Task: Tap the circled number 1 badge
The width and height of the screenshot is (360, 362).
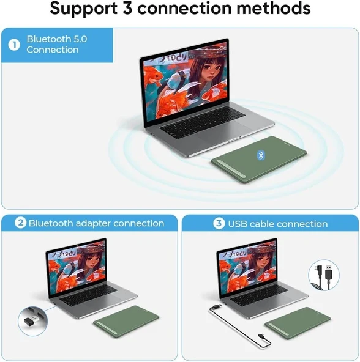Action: click(13, 44)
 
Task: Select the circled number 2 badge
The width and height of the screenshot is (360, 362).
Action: click(20, 224)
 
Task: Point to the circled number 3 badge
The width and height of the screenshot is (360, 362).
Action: click(219, 224)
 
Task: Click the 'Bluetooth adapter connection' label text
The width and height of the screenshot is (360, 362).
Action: click(96, 224)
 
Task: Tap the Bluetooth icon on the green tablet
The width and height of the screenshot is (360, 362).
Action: click(261, 155)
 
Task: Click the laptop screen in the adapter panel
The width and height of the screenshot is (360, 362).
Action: click(77, 267)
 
